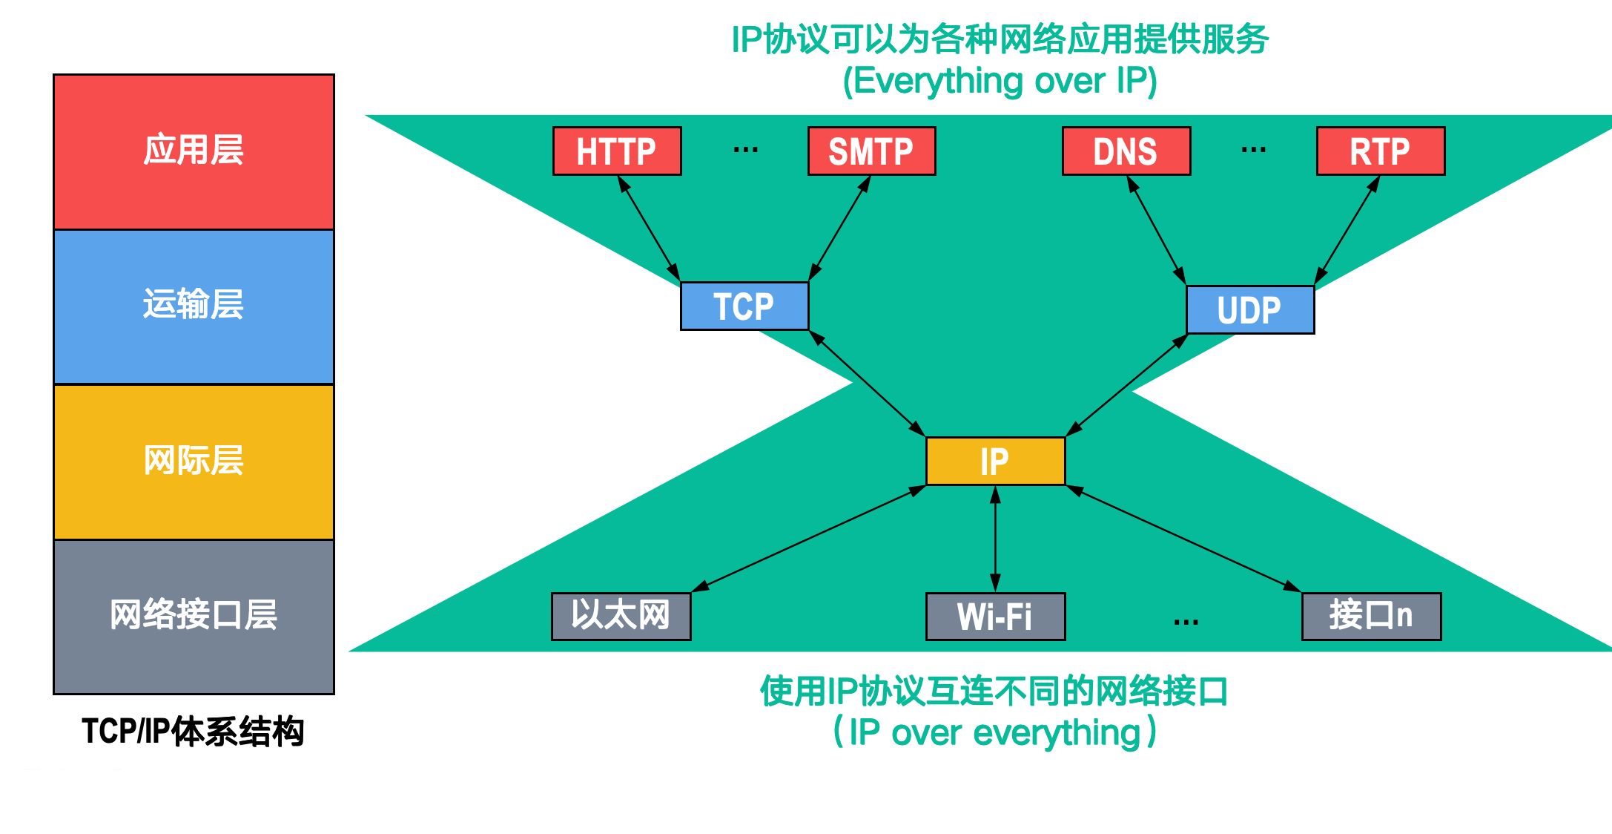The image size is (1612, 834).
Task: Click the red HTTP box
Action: coord(617,151)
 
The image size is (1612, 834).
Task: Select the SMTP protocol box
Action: coord(871,151)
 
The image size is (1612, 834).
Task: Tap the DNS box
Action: coord(1126,151)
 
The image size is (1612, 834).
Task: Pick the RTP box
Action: coord(1380,151)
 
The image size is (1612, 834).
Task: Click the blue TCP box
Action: coord(744,306)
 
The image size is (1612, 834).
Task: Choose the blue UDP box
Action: coord(1250,309)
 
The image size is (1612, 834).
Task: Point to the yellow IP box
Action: coord(995,461)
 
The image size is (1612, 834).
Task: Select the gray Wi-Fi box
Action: coord(995,616)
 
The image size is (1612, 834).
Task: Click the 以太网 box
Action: coord(621,616)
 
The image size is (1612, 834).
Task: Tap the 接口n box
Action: coord(1371,616)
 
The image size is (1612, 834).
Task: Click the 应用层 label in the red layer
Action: coord(194,150)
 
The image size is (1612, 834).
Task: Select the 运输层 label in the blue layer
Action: coord(194,304)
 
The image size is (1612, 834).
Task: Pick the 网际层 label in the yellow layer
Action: coord(194,460)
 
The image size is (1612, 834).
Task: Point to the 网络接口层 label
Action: coord(194,614)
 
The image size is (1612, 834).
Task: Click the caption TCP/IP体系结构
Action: coord(193,732)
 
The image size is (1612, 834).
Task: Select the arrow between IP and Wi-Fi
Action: coord(995,539)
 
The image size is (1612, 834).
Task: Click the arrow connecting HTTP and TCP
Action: coord(650,229)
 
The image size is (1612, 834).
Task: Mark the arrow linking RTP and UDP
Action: coord(1347,230)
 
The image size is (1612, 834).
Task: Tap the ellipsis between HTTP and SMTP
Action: coord(745,151)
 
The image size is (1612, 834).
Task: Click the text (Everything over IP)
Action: coord(1000,80)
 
